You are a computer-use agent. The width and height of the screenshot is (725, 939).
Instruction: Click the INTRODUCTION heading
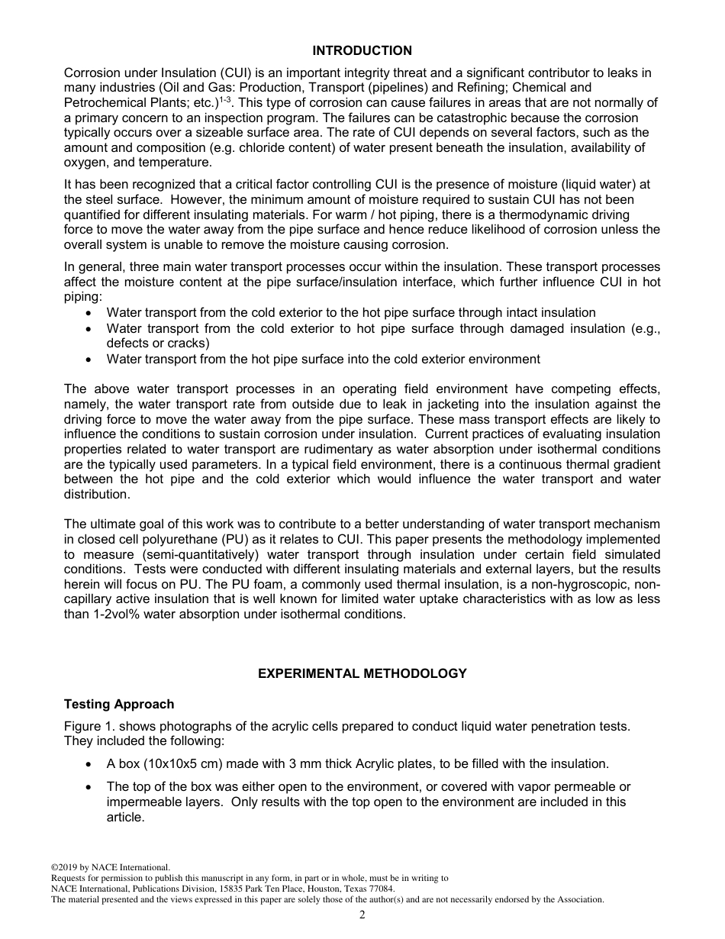tap(362, 50)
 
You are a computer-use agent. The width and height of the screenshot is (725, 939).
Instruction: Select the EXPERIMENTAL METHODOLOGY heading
tap(362, 673)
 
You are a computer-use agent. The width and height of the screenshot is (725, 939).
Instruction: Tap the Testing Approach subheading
tap(119, 704)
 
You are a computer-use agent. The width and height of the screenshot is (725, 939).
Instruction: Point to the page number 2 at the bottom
tap(362, 915)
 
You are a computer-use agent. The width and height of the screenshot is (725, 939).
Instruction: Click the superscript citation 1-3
tap(227, 99)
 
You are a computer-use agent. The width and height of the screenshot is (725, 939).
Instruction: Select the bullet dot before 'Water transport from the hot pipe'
tap(91, 359)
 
